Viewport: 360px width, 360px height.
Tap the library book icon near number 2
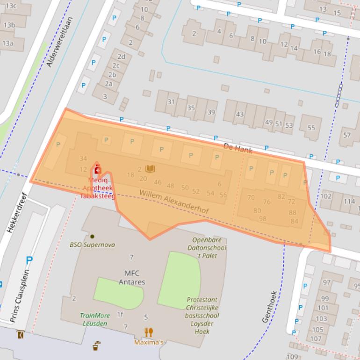pos(150,169)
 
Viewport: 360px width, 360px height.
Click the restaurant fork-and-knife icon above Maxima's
pos(149,332)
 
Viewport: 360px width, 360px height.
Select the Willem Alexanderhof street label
pos(173,202)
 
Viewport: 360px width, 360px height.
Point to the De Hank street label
pos(238,149)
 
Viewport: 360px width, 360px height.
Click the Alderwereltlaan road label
pos(60,43)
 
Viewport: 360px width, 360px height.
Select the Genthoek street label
pos(269,307)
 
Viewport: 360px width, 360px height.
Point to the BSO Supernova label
pos(92,245)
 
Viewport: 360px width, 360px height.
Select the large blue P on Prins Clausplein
pos(29,260)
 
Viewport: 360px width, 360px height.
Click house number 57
pos(346,135)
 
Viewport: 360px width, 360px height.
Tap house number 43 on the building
pos(240,114)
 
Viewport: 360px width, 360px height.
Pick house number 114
pos(349,202)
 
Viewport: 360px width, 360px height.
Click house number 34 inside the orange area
pos(83,159)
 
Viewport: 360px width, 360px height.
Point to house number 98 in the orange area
pos(262,219)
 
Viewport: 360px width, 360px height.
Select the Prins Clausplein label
pos(21,295)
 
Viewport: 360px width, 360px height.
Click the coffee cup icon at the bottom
pos(96,346)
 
